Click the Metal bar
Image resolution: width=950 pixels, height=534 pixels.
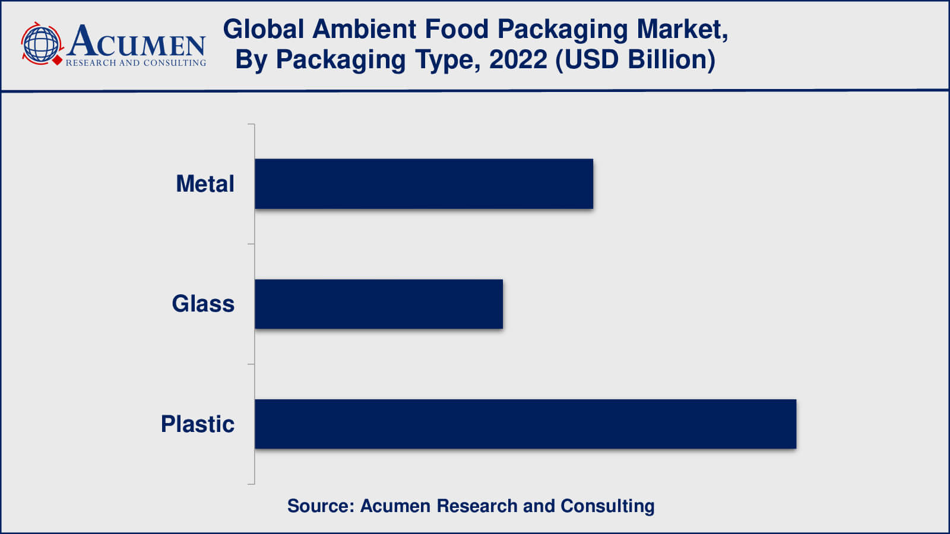pos(424,184)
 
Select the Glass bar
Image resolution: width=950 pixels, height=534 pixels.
pos(379,304)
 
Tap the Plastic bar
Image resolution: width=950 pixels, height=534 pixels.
pos(525,424)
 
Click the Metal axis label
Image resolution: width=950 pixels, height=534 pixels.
pos(205,184)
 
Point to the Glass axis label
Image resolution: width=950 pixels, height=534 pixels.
pos(203,304)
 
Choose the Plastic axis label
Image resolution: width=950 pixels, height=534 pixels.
pos(198,424)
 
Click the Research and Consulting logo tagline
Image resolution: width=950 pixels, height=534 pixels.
pos(136,63)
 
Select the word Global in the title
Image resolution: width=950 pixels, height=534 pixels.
pos(264,29)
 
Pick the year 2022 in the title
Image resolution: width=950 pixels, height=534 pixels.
pos(518,60)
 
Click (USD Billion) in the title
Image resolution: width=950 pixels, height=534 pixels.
pos(635,60)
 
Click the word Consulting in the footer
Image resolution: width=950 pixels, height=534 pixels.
pos(607,506)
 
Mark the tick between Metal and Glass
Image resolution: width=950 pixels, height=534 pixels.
pos(251,244)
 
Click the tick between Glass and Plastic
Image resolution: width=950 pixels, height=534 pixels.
pos(251,364)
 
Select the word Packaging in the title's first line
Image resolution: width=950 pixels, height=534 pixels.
pos(562,29)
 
